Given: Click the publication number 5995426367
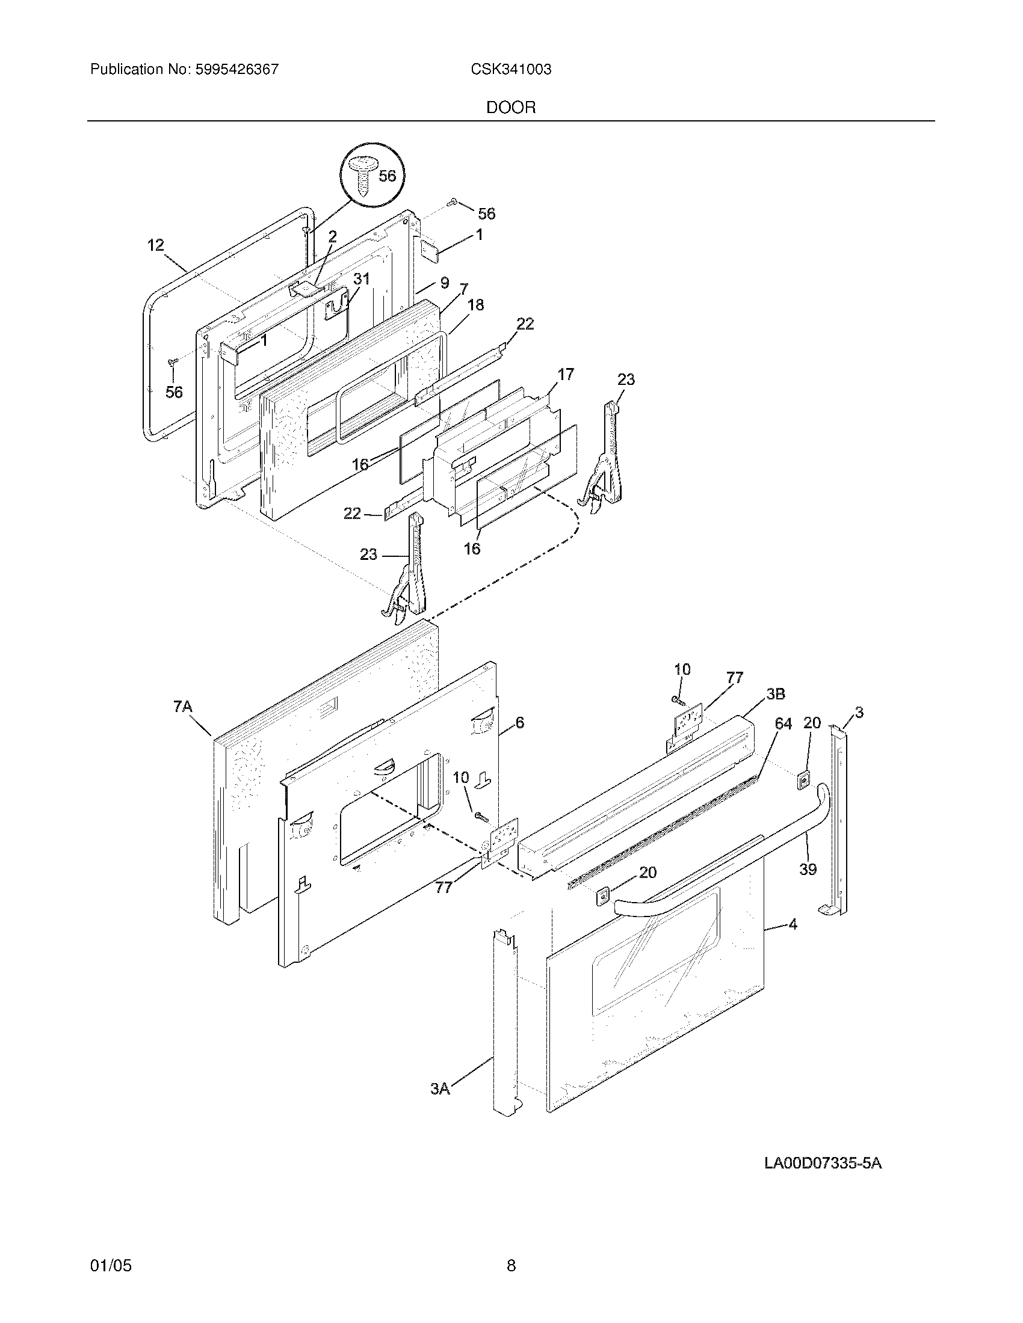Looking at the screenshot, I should point(237,70).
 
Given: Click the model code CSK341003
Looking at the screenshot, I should point(511,70).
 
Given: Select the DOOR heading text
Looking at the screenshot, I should point(511,108).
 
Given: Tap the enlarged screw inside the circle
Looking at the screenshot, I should point(363,176).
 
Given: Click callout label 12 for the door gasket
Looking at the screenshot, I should point(156,245).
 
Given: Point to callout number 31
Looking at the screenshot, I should point(361,278).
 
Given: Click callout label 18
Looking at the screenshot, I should point(476,305).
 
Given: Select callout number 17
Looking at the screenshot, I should point(565,375).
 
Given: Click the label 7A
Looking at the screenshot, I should point(182,707).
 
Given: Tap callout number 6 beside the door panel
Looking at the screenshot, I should point(519,722).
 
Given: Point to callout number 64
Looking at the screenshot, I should point(783,723).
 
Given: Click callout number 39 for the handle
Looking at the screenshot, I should point(808,870).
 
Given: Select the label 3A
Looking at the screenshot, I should point(440,1089).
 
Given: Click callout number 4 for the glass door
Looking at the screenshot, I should point(793,924).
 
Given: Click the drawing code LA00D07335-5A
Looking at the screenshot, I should point(823,1163).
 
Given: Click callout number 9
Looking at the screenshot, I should point(444,282).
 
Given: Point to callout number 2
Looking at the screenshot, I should point(332,237).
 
